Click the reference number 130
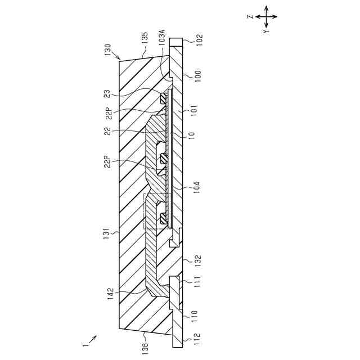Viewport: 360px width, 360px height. pos(107,49)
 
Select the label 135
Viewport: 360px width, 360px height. pos(145,38)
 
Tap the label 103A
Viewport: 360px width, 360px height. pos(162,37)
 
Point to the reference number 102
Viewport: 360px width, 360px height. pos(199,39)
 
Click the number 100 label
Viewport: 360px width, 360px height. pos(198,75)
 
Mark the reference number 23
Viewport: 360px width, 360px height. pos(107,94)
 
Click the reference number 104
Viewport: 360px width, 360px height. pos(197,187)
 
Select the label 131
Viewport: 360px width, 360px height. pos(107,234)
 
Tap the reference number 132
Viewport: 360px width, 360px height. pos(198,260)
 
